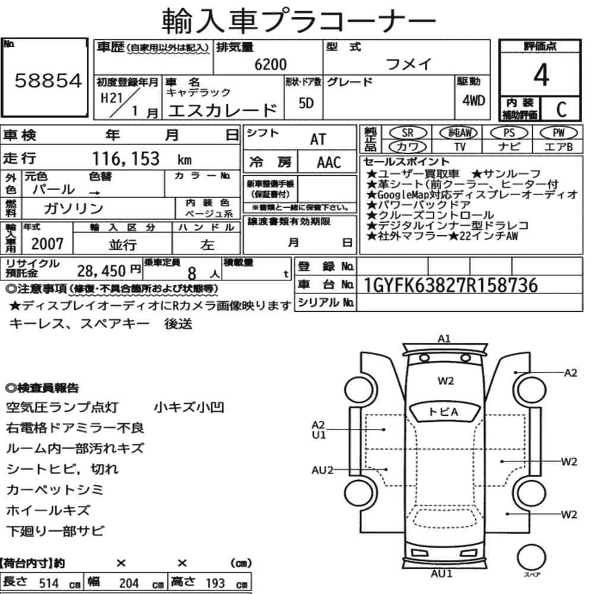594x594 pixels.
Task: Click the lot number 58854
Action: tap(48, 81)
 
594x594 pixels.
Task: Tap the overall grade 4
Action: tap(541, 75)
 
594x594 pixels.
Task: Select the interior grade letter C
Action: tap(561, 109)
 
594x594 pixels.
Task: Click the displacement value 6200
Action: tap(270, 64)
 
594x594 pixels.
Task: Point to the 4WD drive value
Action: tap(473, 100)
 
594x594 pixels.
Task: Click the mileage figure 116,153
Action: tap(126, 159)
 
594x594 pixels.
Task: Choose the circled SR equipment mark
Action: tap(407, 133)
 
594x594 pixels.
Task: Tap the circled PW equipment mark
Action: tap(558, 133)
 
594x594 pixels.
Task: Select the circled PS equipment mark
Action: tap(509, 133)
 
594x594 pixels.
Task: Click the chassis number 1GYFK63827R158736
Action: tap(450, 285)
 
